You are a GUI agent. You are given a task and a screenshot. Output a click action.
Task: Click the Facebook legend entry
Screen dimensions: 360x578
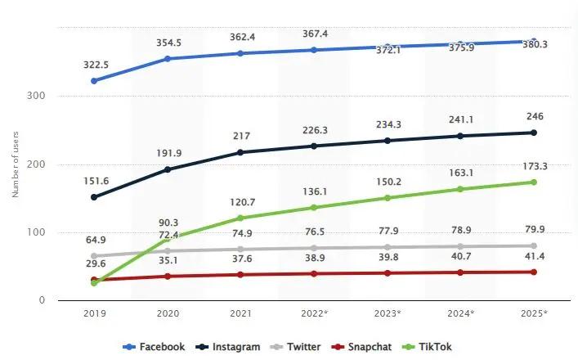155,347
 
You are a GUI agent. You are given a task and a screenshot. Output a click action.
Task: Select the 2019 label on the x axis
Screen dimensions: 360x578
95,313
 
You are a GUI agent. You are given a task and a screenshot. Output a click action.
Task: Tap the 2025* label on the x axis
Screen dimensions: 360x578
534,313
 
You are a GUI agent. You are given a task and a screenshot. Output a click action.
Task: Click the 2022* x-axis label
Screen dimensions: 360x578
314,313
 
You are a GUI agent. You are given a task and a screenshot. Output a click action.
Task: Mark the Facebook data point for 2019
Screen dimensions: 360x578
95,80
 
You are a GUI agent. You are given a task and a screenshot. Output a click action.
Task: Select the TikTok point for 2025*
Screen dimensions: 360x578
533,182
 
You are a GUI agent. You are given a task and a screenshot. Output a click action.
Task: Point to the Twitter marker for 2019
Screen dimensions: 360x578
95,256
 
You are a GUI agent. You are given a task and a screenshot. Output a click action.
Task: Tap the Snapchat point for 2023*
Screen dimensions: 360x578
387,272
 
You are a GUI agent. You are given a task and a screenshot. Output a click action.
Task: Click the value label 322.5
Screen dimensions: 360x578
95,62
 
